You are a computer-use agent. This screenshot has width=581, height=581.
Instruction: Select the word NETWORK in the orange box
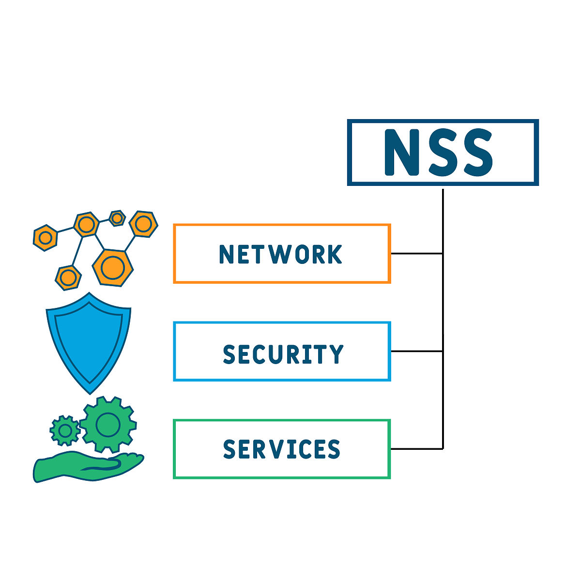pyautogui.click(x=281, y=254)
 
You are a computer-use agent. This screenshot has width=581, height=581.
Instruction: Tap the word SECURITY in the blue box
pyautogui.click(x=283, y=354)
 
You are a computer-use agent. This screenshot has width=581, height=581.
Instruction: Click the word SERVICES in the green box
pyautogui.click(x=282, y=449)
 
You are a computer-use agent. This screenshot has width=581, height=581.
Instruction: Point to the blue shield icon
pyautogui.click(x=88, y=339)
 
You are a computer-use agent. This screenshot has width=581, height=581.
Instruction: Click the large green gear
pyautogui.click(x=107, y=425)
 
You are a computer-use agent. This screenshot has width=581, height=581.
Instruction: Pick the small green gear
pyautogui.click(x=64, y=429)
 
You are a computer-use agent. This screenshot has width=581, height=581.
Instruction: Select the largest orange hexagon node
pyautogui.click(x=112, y=267)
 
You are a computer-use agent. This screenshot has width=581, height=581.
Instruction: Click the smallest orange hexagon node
pyautogui.click(x=117, y=218)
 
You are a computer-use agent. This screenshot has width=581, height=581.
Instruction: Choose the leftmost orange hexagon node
pyautogui.click(x=45, y=237)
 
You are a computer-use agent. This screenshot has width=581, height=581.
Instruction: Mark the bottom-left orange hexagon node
pyautogui.click(x=68, y=277)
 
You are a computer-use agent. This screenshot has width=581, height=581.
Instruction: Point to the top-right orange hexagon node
pyautogui.click(x=143, y=224)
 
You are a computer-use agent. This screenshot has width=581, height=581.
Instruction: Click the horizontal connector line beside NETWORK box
pyautogui.click(x=416, y=253)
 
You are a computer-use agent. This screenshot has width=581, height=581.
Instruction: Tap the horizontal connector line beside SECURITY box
pyautogui.click(x=416, y=351)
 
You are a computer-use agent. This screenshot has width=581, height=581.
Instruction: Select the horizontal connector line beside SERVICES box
pyautogui.click(x=416, y=449)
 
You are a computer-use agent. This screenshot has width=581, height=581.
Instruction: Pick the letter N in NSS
pyautogui.click(x=401, y=153)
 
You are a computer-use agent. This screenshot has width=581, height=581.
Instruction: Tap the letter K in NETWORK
pyautogui.click(x=334, y=254)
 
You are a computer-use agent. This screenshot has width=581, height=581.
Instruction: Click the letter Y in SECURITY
pyautogui.click(x=336, y=354)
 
